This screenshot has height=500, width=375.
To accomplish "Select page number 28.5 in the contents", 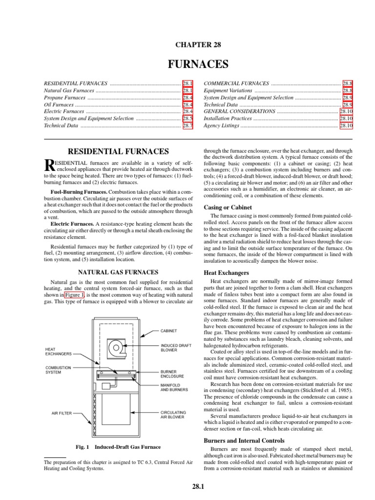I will pyautogui.click(x=188, y=118).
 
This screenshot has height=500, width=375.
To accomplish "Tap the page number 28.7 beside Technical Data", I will pyautogui.click(x=188, y=125).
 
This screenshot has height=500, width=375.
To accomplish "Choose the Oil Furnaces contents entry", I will pyautogui.click(x=58, y=104).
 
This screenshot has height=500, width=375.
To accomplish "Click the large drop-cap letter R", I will pyautogui.click(x=49, y=167).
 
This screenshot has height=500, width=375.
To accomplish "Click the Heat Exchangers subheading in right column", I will pyautogui.click(x=226, y=272).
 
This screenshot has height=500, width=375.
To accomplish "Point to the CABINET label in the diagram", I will pyautogui.click(x=170, y=331).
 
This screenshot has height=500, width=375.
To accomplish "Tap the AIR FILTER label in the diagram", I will pyautogui.click(x=62, y=413).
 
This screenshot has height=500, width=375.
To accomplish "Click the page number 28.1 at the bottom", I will pyautogui.click(x=198, y=486).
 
